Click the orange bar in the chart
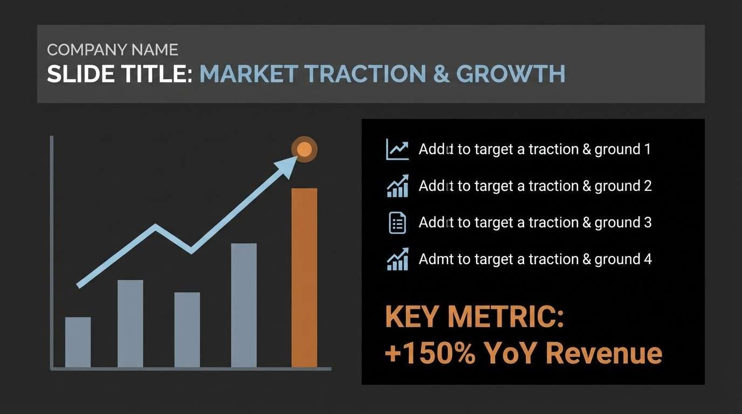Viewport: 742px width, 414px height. [304, 278]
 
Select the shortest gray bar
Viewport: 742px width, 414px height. [78, 342]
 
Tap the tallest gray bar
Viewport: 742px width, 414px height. [244, 305]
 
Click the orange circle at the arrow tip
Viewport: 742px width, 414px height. [304, 149]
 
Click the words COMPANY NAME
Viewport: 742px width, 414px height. [112, 50]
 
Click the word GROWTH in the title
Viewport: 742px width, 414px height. [510, 74]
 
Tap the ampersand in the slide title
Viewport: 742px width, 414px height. [441, 74]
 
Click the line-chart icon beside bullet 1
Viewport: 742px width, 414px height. [397, 149]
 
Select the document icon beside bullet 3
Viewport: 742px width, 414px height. [397, 223]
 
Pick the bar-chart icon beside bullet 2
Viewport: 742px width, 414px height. [397, 186]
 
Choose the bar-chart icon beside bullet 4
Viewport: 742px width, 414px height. [397, 259]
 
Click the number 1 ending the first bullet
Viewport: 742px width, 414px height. [647, 149]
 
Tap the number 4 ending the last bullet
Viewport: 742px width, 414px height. [648, 259]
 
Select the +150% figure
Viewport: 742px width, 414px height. [430, 353]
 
